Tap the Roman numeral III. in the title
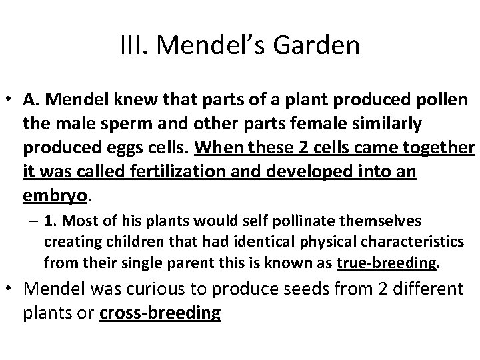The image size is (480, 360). tap(137, 46)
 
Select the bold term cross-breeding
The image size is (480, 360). tap(159, 313)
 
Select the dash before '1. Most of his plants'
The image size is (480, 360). tap(35, 219)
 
